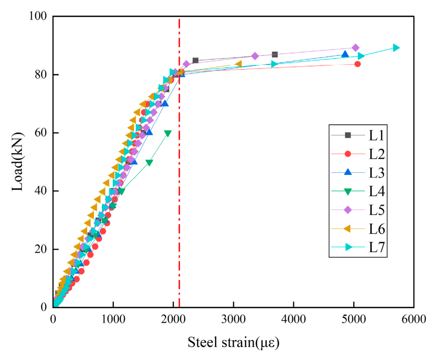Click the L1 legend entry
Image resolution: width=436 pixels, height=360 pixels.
pos(358,135)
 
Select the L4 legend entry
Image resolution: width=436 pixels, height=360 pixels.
pos(358,191)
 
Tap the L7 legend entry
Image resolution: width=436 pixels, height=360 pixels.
pos(358,247)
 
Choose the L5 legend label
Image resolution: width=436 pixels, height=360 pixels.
pos(377,210)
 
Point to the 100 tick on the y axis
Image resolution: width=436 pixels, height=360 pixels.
pos(38,16)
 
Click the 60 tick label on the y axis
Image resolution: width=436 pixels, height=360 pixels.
pos(41,132)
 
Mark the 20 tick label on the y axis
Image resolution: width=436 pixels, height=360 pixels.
pos(41,249)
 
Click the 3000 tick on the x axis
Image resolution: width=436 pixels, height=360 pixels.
pos(233,319)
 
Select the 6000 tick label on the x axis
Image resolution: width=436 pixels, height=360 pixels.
pos(414,319)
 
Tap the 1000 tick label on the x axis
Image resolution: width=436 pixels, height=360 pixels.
pos(113,319)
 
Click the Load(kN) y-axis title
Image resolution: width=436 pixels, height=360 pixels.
pos(17,162)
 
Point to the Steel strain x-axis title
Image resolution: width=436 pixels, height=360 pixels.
pos(233,343)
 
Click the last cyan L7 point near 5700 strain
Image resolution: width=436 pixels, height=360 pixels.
pos(396,48)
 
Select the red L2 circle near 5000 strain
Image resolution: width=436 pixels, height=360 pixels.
pos(357,64)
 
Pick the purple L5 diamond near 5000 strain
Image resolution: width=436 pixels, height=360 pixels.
pos(356,48)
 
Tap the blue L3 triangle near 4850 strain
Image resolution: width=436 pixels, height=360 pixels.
pos(345,54)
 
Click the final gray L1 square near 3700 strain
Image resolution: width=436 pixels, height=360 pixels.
pos(275,54)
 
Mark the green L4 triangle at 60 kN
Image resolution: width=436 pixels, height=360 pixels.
pos(168,134)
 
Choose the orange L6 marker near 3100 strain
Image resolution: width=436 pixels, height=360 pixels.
pos(238,64)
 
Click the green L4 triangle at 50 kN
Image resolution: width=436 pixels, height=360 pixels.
pos(149,163)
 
